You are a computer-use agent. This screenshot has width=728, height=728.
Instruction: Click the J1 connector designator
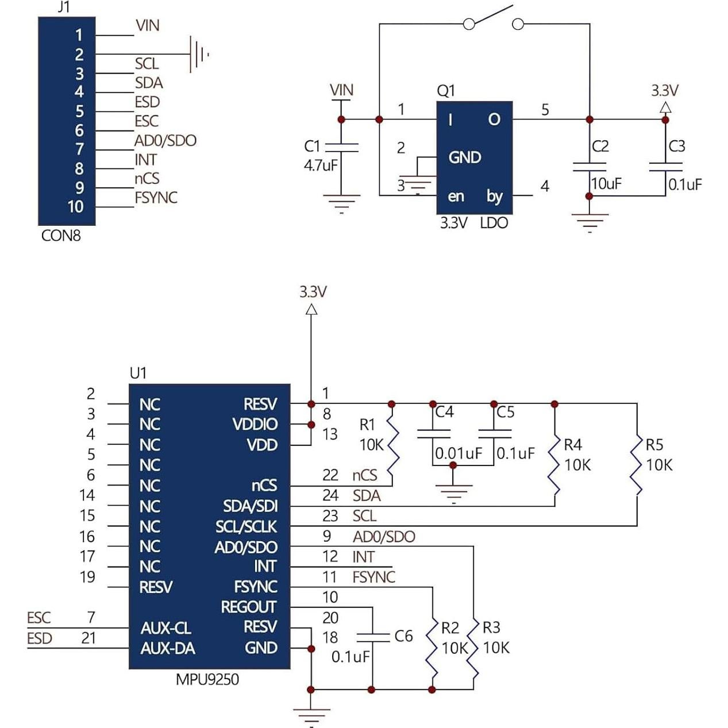[64, 7]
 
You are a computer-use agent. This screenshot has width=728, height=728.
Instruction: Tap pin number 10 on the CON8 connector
[76, 207]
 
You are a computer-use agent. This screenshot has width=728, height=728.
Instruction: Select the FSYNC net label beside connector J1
[156, 198]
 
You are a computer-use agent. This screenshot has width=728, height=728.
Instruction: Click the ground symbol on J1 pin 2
[199, 55]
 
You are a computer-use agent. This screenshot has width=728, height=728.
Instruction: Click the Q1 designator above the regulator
[446, 91]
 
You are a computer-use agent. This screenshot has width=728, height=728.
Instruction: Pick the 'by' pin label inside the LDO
[494, 197]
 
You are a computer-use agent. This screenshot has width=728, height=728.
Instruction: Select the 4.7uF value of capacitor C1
[321, 165]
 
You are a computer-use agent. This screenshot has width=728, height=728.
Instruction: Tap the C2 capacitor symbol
[590, 167]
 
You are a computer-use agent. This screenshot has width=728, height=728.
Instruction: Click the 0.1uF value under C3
[685, 185]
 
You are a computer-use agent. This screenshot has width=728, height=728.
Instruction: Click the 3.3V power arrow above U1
[311, 310]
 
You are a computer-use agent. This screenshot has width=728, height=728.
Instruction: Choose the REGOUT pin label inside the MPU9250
[248, 607]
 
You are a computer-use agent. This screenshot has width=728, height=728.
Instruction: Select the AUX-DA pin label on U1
[168, 649]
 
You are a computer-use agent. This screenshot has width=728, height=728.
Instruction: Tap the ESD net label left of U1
[40, 638]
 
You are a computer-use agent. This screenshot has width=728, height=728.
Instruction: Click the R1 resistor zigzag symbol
[392, 445]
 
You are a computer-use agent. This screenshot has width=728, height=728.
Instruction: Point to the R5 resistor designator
[654, 445]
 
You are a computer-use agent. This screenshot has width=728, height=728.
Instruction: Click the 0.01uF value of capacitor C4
[459, 453]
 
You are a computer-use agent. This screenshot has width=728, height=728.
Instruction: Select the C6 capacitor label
[403, 636]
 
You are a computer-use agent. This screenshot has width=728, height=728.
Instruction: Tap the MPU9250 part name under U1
[207, 680]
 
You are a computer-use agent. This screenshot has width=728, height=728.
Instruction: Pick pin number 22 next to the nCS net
[330, 475]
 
